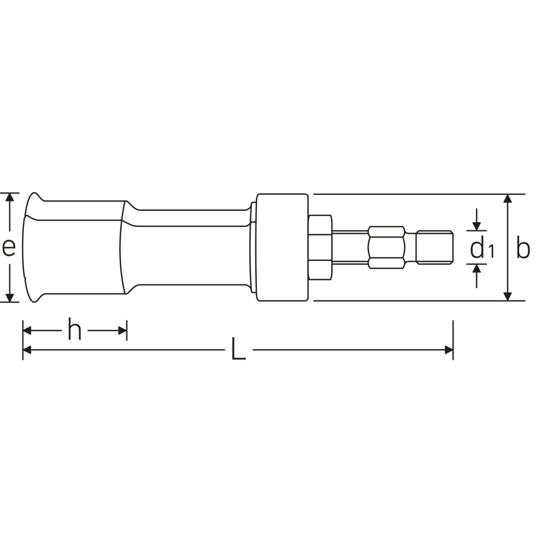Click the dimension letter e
coord(9,247)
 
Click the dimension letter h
coord(74,331)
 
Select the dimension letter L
coord(239,349)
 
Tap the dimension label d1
coord(481,248)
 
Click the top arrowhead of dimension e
coord(9,198)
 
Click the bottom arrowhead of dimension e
coord(9,297)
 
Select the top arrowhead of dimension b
coord(508,199)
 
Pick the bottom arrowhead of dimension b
coord(508,296)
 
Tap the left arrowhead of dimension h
coord(27,330)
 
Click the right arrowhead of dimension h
coord(122,330)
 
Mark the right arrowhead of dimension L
coord(449,350)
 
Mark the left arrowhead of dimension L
coord(27,350)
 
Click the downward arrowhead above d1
coord(477,226)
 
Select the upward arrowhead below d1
coord(477,269)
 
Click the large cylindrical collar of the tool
coord(282,248)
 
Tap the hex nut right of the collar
coord(320,248)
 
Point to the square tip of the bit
coord(435,247)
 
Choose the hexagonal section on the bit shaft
coord(386,248)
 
